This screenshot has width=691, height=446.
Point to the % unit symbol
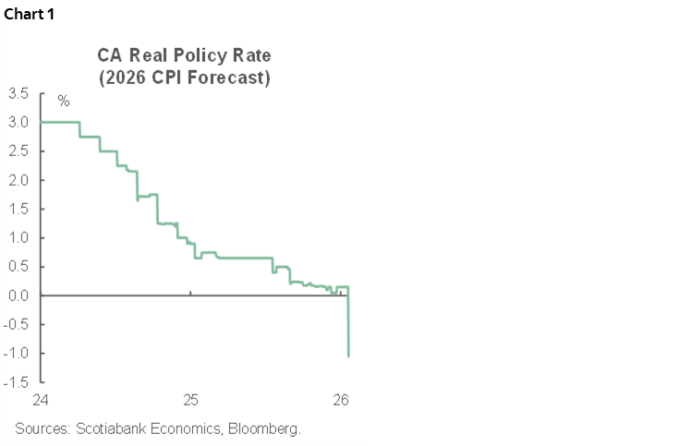pyautogui.click(x=63, y=101)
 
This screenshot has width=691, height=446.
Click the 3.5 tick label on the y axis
pyautogui.click(x=18, y=93)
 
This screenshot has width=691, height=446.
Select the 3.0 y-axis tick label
pyautogui.click(x=18, y=122)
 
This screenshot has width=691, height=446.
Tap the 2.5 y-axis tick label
pyautogui.click(x=18, y=151)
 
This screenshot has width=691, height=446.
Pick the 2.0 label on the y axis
pyautogui.click(x=18, y=180)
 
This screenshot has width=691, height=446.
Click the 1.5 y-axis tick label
pyautogui.click(x=18, y=209)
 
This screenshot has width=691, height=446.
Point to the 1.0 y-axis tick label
pyautogui.click(x=18, y=237)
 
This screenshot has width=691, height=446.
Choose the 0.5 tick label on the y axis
pyautogui.click(x=18, y=266)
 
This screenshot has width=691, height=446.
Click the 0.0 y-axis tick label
pyautogui.click(x=18, y=295)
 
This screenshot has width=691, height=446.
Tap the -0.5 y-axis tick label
pyautogui.click(x=16, y=324)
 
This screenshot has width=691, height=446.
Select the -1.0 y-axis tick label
pyautogui.click(x=16, y=353)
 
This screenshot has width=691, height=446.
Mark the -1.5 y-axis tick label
pyautogui.click(x=16, y=381)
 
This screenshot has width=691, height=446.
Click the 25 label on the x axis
pyautogui.click(x=190, y=401)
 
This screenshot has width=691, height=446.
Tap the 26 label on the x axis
pyautogui.click(x=340, y=401)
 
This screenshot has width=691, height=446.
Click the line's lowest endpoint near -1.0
pyautogui.click(x=348, y=356)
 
